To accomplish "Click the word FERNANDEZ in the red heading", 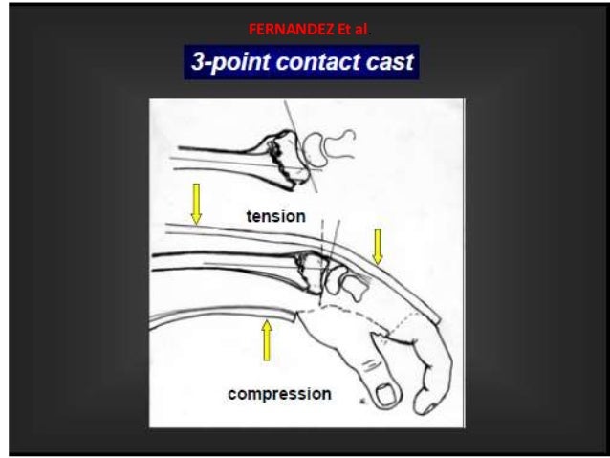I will point(283,35).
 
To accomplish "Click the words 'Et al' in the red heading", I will point(339,35).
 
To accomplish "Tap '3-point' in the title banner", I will point(229,64).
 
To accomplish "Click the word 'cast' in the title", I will point(386,64).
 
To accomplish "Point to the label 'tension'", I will point(276,216).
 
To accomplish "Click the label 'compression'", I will point(279,393).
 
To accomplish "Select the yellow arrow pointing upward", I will point(267,340).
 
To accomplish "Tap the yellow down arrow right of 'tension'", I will point(378,245).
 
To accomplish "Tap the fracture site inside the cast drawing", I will point(310,267).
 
